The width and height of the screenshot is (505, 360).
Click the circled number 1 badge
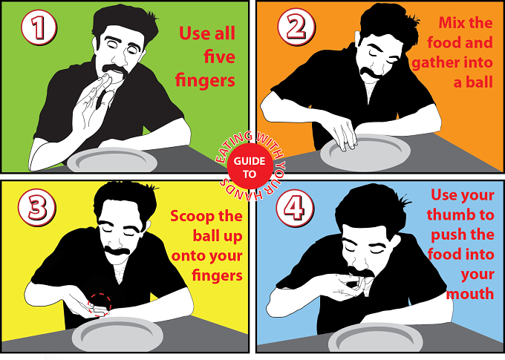click(x=39, y=27)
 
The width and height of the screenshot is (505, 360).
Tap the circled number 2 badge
click(x=296, y=27)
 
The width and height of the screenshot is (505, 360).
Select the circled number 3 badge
click(x=37, y=207)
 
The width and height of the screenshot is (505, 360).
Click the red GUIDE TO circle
click(x=250, y=166)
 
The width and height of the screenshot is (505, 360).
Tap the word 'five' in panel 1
click(x=219, y=56)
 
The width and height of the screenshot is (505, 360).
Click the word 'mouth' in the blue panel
click(x=470, y=294)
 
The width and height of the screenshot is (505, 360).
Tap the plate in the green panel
click(x=112, y=160)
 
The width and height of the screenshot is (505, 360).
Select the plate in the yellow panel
click(x=117, y=335)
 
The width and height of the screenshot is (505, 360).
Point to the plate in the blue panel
click(x=375, y=338)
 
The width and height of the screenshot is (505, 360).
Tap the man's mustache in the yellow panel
click(x=117, y=251)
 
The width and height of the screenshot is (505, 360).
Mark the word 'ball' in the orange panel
click(x=480, y=82)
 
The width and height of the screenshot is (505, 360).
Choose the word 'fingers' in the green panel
click(x=205, y=80)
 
